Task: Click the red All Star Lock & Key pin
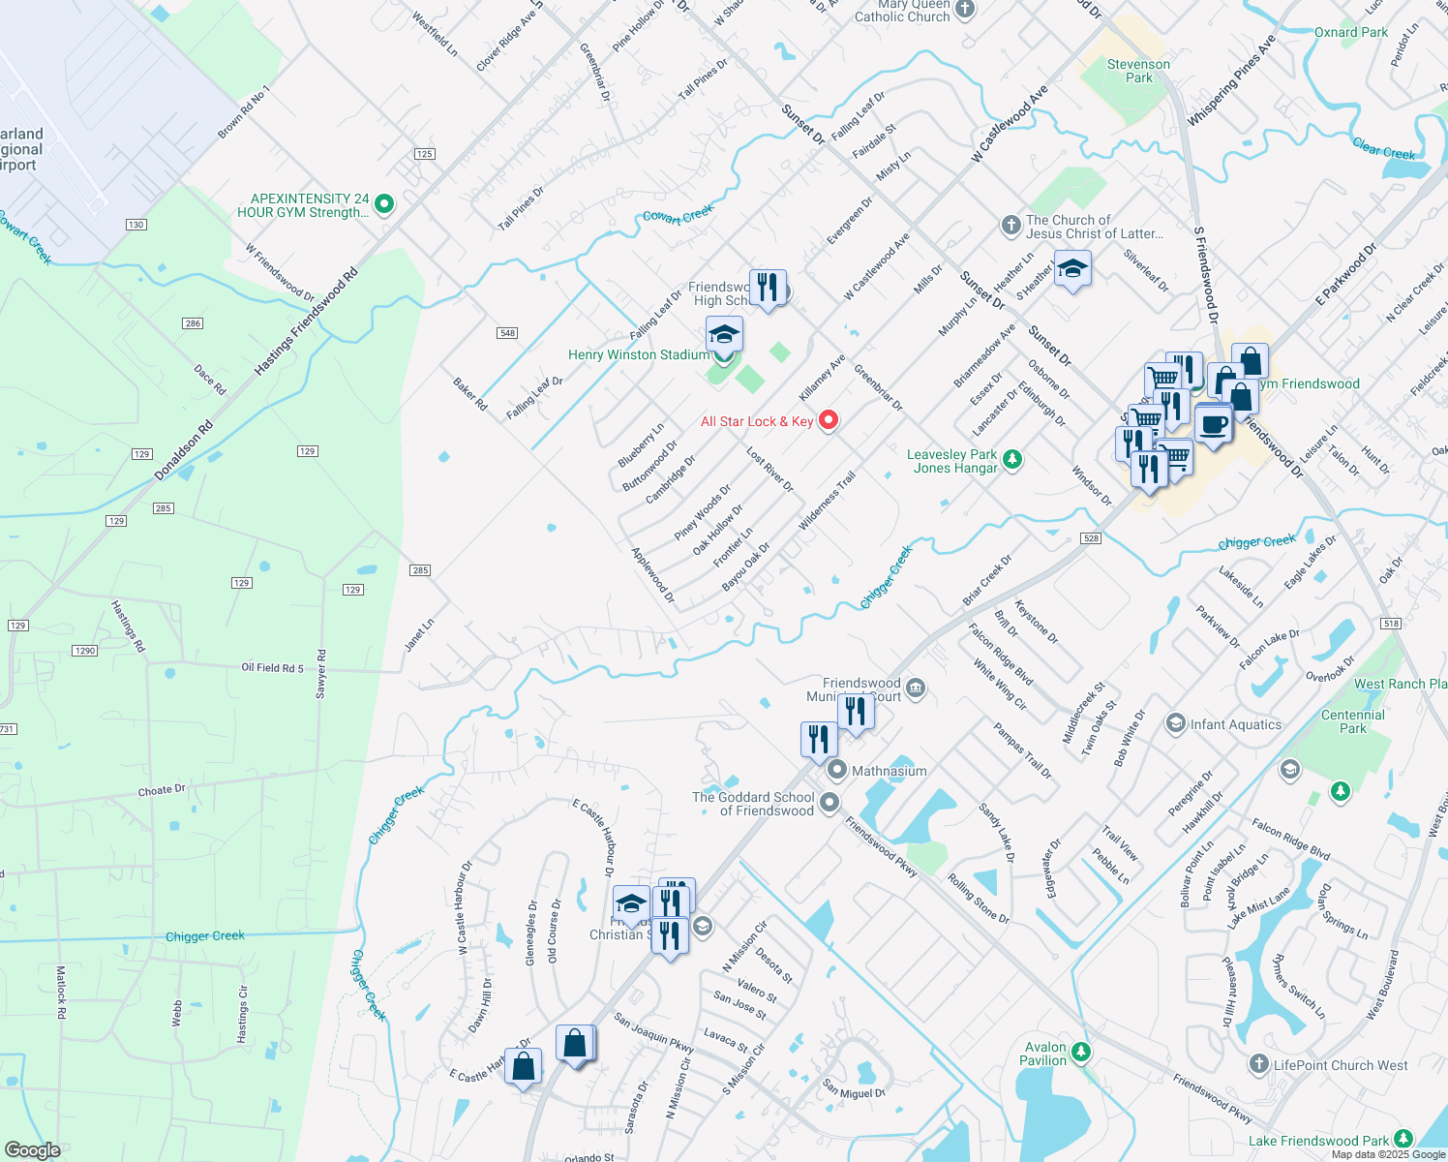coord(828,420)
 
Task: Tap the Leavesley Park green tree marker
coord(1012,459)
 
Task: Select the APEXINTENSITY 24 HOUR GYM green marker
coord(384,204)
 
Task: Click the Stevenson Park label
coord(1138,71)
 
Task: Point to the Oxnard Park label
coord(1351,32)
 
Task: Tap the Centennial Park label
coord(1353,721)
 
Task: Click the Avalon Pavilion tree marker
coord(1081,1052)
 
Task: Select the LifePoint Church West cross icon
coord(1258,1064)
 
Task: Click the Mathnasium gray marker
coord(837,771)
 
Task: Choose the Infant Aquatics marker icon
coord(1176,723)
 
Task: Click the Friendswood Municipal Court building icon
coord(916,688)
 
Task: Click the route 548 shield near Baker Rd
coord(507,333)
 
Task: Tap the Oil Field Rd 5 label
coord(272,668)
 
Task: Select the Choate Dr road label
coord(162,790)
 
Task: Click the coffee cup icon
coord(1213,423)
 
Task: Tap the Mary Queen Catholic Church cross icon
coord(965,10)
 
